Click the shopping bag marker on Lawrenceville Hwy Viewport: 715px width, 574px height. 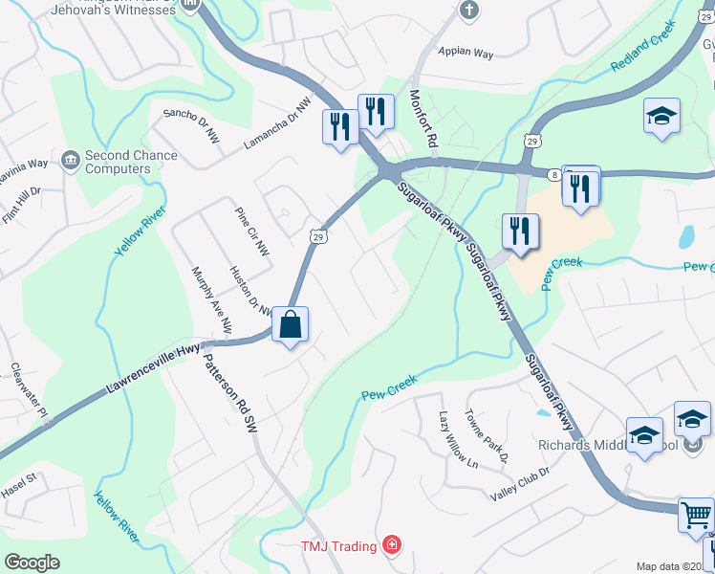point(291,323)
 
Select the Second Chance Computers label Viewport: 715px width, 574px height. point(118,162)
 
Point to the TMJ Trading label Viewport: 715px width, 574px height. point(340,545)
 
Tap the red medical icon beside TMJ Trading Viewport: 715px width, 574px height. point(391,545)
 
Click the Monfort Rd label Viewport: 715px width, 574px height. point(423,119)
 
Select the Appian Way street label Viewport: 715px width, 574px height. point(466,54)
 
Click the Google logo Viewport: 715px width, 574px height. point(32,562)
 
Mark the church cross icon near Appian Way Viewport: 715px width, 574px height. point(467,11)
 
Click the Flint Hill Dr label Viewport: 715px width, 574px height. point(21,205)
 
